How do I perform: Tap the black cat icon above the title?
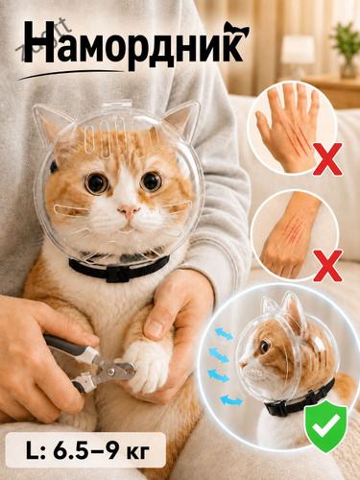click(236, 29)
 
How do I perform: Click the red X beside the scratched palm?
click(327, 159)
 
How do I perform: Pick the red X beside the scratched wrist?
click(327, 265)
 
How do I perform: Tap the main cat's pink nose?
click(129, 211)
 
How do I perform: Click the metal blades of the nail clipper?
click(119, 371)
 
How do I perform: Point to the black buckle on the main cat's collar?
click(118, 275)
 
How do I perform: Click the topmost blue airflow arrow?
click(224, 334)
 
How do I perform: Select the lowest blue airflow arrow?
click(231, 400)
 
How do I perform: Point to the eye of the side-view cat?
click(264, 347)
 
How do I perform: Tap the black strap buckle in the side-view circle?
click(279, 410)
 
